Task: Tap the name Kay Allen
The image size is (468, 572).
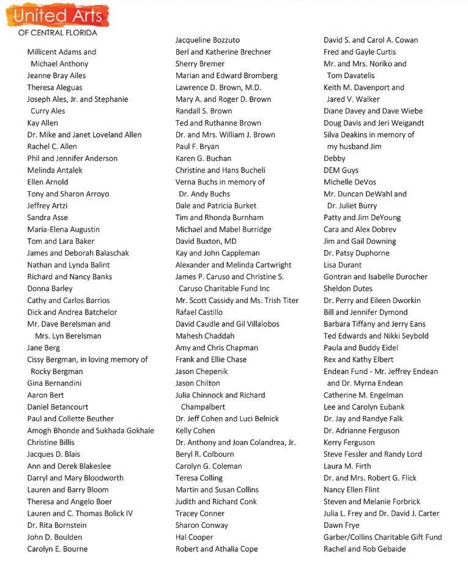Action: coord(43,123)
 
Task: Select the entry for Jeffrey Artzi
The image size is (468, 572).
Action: coord(47,206)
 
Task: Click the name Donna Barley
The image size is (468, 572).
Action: coord(50,288)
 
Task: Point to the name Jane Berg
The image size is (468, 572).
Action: coord(43,348)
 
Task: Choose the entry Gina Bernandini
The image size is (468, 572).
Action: coord(54,383)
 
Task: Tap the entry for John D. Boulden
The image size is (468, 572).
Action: coord(54,537)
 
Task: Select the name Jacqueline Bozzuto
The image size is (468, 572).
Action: coord(207,40)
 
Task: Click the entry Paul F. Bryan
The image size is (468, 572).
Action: coord(197,147)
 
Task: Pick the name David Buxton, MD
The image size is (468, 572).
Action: coord(206,241)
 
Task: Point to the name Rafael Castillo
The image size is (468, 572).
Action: coord(199,312)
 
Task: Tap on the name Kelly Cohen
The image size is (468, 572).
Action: coord(195,431)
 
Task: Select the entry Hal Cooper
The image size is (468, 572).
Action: coord(194,537)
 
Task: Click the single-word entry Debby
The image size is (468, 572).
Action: coord(335,159)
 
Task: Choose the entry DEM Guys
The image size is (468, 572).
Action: coord(341,170)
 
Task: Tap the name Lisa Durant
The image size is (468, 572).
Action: coord(343,265)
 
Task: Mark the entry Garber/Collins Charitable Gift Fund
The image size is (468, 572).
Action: coord(382,537)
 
